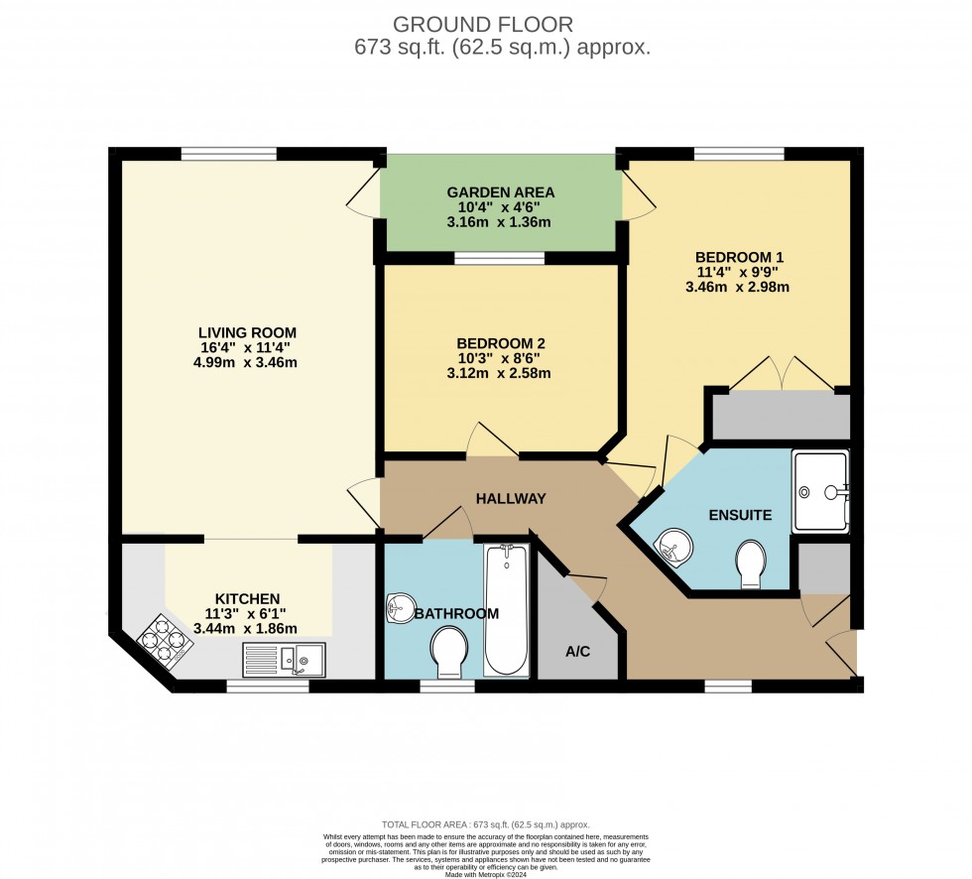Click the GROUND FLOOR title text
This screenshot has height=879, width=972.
pos(483,24)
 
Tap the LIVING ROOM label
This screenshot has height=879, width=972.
pos(247,332)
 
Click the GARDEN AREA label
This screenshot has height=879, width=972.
pos(500,192)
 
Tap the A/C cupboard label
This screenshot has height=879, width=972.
pos(577,652)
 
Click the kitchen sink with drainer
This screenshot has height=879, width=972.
pos(284,657)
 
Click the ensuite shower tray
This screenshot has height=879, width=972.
pos(820,490)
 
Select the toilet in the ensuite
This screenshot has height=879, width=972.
pos(752,564)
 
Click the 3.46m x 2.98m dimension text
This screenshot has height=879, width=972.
pos(737,288)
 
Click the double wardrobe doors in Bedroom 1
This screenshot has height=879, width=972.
pos(784,374)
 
